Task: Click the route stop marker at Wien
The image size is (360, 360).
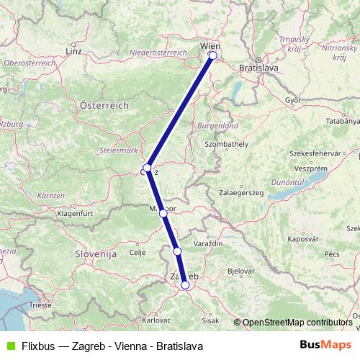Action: [x=212, y=55]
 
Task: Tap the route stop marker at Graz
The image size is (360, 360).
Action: [x=146, y=168]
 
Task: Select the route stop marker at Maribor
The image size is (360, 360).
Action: [x=163, y=213]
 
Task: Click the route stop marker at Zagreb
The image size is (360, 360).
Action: [x=185, y=285]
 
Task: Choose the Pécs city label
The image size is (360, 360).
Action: [x=332, y=254]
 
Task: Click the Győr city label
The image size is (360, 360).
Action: [x=292, y=100]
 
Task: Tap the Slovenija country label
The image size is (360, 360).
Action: [x=96, y=254]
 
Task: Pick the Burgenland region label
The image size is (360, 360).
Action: [x=219, y=125]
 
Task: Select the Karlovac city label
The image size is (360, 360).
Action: [x=156, y=318]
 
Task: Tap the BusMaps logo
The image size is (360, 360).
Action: [x=325, y=345]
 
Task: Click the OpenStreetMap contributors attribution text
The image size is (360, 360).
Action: [x=297, y=322]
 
